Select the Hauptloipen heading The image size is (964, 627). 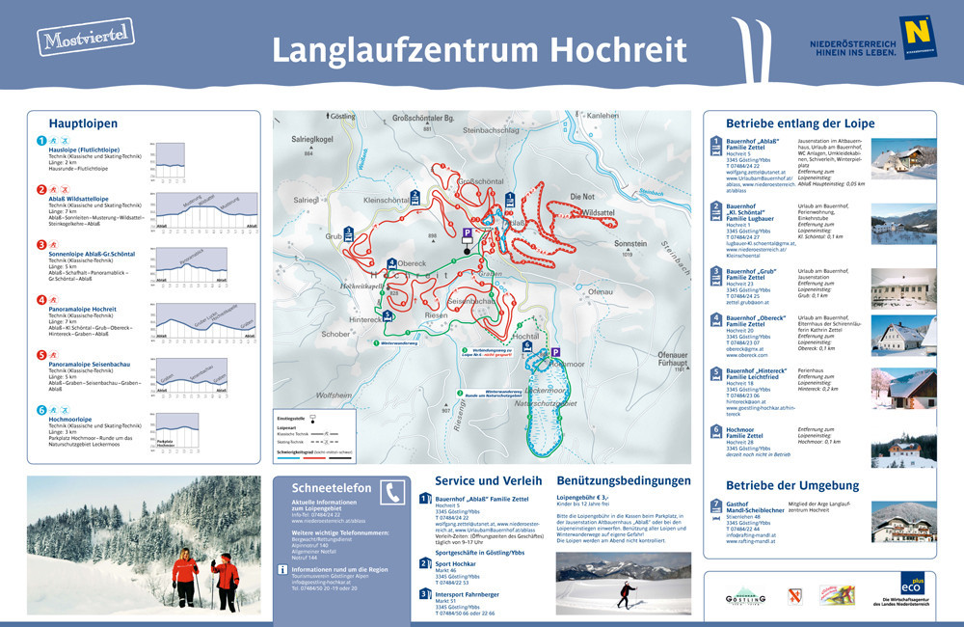pyautogui.click(x=83, y=123)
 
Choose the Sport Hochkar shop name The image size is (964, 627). pyautogui.click(x=458, y=561)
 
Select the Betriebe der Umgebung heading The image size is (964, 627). pyautogui.click(x=791, y=485)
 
